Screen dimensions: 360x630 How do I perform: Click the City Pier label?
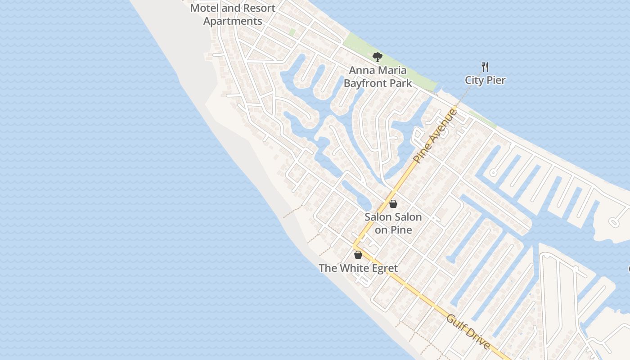[485, 81]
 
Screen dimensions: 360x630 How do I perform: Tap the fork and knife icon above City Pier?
[485, 67]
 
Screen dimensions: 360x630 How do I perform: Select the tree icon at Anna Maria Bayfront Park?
[378, 57]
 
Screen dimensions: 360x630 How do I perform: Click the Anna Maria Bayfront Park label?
[378, 76]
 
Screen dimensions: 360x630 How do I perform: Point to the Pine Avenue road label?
[435, 135]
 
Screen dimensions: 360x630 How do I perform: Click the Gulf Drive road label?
[468, 332]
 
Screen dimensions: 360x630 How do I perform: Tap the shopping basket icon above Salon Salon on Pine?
[393, 204]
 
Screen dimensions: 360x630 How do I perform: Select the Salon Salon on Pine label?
[393, 223]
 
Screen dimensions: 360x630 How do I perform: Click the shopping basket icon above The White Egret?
[358, 255]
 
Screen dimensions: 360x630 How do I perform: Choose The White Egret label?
[358, 269]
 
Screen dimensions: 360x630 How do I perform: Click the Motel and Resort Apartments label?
[233, 14]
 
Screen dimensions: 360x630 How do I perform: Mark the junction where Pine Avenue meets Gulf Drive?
[355, 247]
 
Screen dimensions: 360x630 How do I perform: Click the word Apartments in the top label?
[233, 21]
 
